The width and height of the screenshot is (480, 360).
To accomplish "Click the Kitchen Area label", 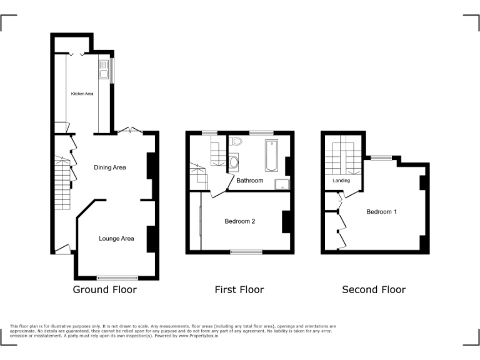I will click(x=82, y=94).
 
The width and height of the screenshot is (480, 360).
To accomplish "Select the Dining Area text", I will click(x=110, y=167).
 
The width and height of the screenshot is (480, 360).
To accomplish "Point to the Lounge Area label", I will click(x=116, y=238).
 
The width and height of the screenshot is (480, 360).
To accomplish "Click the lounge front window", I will click(x=117, y=277).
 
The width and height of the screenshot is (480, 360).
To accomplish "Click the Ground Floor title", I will click(x=104, y=289).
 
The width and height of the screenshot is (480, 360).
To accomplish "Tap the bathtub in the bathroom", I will click(x=271, y=156).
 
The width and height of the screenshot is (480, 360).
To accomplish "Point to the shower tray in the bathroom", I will click(x=282, y=182).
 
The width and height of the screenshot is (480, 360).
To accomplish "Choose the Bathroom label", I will click(x=249, y=181).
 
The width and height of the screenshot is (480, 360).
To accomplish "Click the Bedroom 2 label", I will click(x=240, y=221).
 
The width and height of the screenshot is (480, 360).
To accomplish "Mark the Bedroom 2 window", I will click(x=246, y=252).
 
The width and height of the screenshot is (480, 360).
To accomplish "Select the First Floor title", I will click(x=239, y=289).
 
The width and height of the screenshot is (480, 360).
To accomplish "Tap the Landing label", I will click(x=341, y=181).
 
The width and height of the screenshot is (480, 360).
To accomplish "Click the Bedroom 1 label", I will click(x=381, y=212).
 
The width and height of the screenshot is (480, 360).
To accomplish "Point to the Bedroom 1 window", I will click(x=381, y=158).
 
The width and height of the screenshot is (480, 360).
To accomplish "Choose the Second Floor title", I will click(x=374, y=289).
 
